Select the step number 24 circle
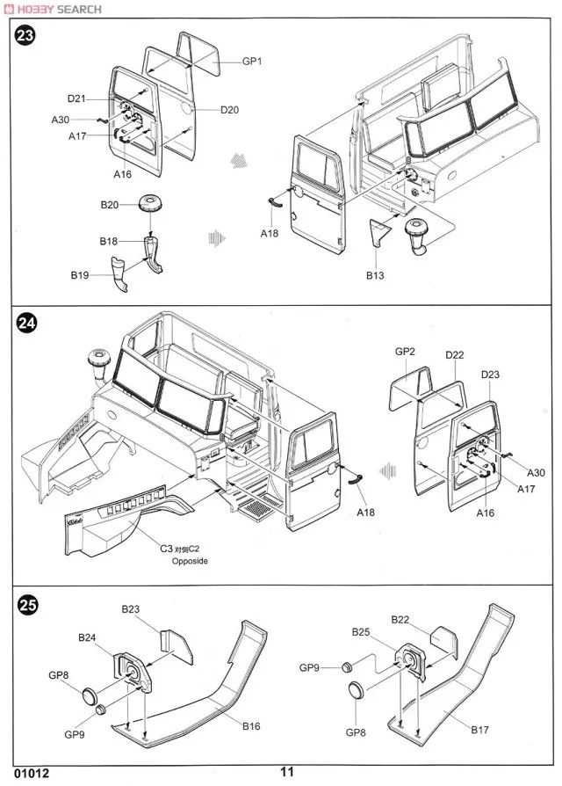[x=26, y=324]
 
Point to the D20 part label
[x=230, y=110]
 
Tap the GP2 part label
[x=405, y=351]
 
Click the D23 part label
[x=491, y=375]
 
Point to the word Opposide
[x=190, y=560]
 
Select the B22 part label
[x=400, y=621]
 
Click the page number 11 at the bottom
[x=286, y=773]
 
